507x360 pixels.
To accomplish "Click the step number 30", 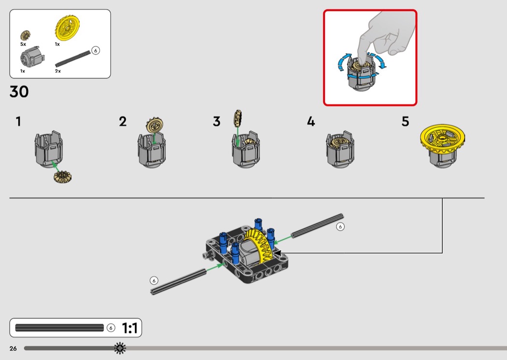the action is [19, 92].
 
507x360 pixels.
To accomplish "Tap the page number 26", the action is [13, 348].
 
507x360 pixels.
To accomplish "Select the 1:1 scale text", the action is [130, 328].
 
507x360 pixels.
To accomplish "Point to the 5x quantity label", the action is [23, 44].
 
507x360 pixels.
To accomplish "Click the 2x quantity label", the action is [58, 71].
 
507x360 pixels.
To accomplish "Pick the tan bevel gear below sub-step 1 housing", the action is [63, 177].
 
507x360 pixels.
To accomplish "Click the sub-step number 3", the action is [217, 122].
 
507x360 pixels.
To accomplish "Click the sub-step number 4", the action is [311, 122].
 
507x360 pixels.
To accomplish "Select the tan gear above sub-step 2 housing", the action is [155, 125].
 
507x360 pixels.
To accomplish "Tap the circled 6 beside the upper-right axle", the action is [340, 226].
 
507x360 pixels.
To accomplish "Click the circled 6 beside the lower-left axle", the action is [154, 280].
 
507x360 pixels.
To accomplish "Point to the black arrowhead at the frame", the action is [278, 253].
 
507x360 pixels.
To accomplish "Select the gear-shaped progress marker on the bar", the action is [120, 348].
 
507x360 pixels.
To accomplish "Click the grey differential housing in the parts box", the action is [32, 56].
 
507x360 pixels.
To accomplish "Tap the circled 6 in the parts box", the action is [96, 50].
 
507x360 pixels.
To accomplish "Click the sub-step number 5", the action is [406, 122].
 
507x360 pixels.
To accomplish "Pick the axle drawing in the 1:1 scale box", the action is [59, 328].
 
